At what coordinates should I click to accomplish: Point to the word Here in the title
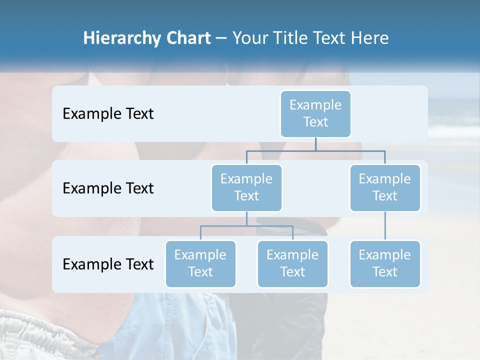tap(370, 38)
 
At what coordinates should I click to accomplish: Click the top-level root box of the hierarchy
tap(315, 113)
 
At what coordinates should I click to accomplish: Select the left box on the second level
tap(246, 187)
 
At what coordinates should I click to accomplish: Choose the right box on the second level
tap(385, 187)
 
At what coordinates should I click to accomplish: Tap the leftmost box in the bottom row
tap(200, 263)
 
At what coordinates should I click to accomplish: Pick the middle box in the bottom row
tap(292, 263)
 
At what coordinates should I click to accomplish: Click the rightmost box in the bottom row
tap(385, 263)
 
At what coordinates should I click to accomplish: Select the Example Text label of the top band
tap(108, 113)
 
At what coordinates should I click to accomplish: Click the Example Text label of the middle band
tap(108, 188)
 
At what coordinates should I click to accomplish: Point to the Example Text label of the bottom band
tap(108, 264)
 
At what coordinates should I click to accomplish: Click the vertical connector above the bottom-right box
tap(385, 226)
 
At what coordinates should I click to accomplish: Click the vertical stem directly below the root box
tap(315, 144)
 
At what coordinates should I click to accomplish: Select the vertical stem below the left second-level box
tap(246, 218)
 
